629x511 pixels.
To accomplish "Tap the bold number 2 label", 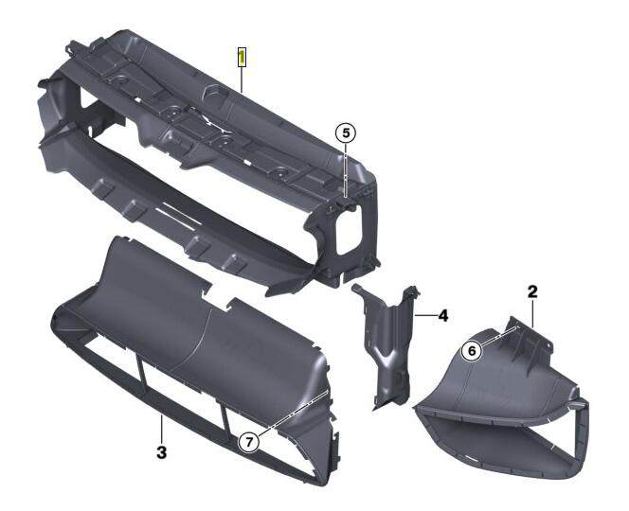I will tap(532, 293).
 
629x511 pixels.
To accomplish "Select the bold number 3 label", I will tap(162, 453).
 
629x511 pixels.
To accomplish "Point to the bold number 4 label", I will tap(441, 313).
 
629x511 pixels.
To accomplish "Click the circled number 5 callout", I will tap(347, 133).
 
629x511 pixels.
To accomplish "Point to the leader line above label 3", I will tap(162, 430).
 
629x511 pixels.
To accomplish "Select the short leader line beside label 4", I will tap(423, 313).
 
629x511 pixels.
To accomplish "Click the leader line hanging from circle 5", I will tap(347, 170).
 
